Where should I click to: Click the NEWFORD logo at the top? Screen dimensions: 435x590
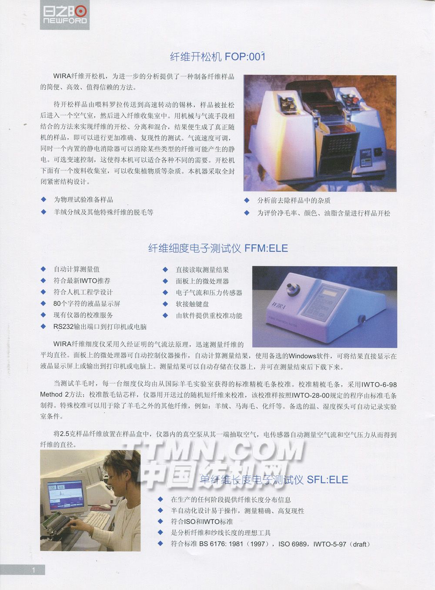(64, 15)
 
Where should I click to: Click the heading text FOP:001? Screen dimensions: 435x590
(245, 57)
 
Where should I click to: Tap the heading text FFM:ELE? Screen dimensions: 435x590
(266, 248)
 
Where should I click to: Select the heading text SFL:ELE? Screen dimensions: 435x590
(328, 480)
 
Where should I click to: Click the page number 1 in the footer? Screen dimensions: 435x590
(33, 570)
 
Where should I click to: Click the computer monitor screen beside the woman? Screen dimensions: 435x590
(66, 496)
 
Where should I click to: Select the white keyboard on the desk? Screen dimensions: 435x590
(97, 520)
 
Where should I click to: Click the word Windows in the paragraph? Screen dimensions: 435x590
(302, 356)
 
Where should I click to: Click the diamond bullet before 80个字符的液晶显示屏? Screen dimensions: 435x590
(43, 303)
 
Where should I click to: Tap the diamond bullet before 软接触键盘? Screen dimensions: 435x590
(165, 304)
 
